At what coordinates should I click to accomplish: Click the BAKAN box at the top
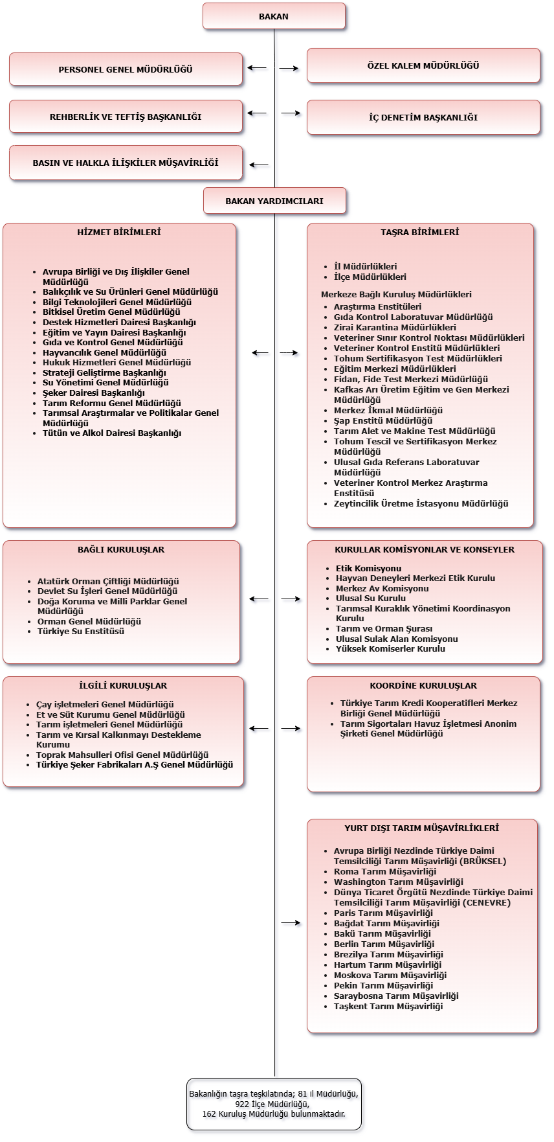pyautogui.click(x=274, y=17)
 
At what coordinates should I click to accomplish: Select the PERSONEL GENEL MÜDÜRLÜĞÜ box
pyautogui.click(x=126, y=69)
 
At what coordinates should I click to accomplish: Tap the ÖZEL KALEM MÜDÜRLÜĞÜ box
pyautogui.click(x=423, y=65)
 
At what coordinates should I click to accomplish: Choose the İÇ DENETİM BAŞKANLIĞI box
pyautogui.click(x=423, y=117)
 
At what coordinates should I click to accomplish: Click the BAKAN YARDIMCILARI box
pyautogui.click(x=274, y=201)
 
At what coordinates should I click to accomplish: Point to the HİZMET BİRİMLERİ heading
pyautogui.click(x=119, y=232)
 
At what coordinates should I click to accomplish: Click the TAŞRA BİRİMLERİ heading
pyautogui.click(x=420, y=232)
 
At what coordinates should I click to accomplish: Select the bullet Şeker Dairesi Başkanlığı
pyautogui.click(x=94, y=393)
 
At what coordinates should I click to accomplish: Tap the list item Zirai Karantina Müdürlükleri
pyautogui.click(x=395, y=327)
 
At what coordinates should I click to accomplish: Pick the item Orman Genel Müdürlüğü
pyautogui.click(x=89, y=621)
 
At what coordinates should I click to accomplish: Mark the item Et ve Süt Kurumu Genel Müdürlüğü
pyautogui.click(x=111, y=714)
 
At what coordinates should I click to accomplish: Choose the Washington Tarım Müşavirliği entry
pyautogui.click(x=399, y=882)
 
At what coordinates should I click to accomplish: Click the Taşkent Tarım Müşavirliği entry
pyautogui.click(x=388, y=1006)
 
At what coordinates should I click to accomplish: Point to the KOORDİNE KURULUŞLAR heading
pyautogui.click(x=423, y=685)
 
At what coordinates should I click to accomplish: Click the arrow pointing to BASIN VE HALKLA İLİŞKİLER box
pyautogui.click(x=258, y=165)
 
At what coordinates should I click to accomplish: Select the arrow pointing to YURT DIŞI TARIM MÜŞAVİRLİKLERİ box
pyautogui.click(x=291, y=922)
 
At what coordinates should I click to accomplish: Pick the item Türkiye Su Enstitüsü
pyautogui.click(x=81, y=631)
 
